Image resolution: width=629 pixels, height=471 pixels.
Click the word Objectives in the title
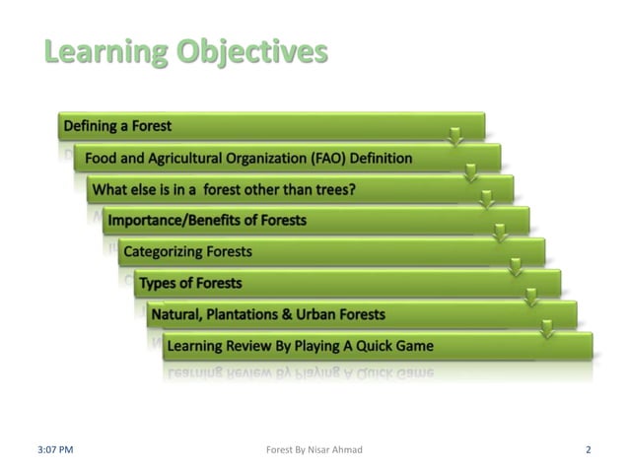251,52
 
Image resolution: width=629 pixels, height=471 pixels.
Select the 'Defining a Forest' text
117,126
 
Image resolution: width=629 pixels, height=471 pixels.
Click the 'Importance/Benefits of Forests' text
207,220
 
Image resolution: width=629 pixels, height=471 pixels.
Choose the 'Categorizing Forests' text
187,251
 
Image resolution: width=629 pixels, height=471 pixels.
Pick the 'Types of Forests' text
190,283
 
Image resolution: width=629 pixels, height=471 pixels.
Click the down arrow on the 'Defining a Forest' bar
454,136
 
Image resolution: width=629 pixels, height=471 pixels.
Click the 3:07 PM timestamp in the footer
56,449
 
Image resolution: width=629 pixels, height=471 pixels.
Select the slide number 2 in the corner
588,449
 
